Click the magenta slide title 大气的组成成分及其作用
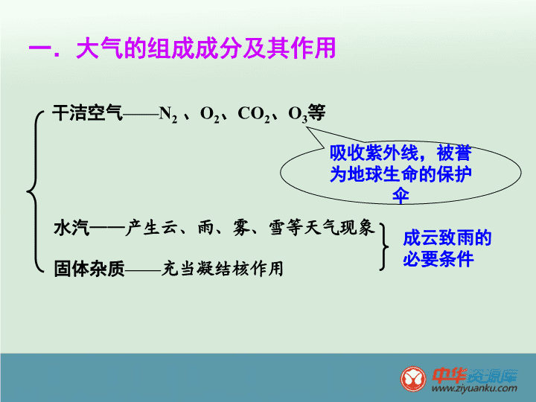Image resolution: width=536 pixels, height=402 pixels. (205, 48)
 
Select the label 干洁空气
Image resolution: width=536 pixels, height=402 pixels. (88, 113)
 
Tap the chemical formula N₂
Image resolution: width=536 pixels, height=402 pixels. (168, 114)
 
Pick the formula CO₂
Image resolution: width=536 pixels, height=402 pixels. (254, 114)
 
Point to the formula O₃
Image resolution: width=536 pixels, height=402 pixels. (298, 114)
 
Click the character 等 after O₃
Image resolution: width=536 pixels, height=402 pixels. (316, 112)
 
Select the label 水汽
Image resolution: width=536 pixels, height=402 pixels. (71, 228)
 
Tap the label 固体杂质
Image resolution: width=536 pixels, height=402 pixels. (89, 269)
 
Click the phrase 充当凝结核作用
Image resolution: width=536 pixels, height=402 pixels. (222, 269)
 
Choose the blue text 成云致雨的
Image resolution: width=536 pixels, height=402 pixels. (447, 238)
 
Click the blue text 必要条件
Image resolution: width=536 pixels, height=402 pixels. (438, 259)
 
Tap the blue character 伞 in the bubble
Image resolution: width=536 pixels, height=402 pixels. (401, 196)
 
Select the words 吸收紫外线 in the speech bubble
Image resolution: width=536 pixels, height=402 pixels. (374, 153)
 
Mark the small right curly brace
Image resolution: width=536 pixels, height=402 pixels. (384, 246)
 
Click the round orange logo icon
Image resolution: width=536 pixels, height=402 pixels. (413, 379)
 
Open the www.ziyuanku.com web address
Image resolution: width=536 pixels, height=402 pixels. (474, 389)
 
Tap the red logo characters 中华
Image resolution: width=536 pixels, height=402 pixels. (450, 375)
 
